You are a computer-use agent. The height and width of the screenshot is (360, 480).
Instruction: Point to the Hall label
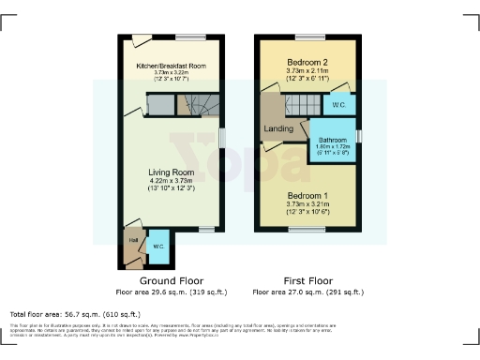pos(133,240)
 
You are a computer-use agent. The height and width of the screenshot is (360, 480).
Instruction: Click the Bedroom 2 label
pos(307,62)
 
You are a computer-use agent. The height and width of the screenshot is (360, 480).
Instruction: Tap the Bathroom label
pos(334,140)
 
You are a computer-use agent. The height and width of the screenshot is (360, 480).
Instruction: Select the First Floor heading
pos(307,280)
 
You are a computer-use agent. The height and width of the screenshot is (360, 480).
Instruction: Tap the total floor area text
pos(75,313)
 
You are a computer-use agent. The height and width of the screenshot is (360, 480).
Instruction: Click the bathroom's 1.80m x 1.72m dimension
pos(334,148)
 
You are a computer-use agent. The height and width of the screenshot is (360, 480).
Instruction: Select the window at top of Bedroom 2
pos(307,37)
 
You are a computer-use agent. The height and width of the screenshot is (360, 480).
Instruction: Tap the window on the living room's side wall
pos(222,136)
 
